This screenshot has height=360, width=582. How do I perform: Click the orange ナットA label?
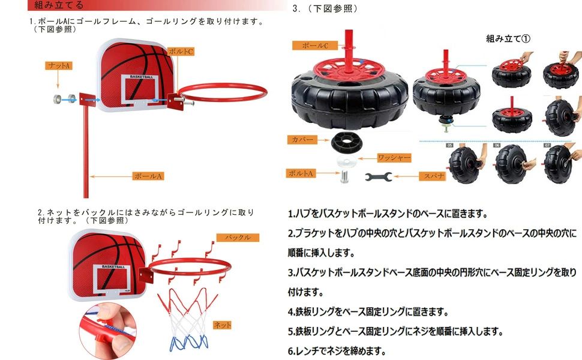tap(59, 65)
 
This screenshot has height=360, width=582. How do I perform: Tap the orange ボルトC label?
tap(181, 52)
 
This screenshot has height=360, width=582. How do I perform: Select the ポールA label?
tap(148, 176)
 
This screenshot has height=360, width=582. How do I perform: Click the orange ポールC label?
tap(315, 45)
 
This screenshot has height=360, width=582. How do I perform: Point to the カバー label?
tap(302, 140)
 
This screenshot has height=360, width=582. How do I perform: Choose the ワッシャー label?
tap(394, 158)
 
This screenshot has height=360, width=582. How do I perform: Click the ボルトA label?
tap(301, 173)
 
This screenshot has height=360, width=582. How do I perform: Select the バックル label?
tap(238, 238)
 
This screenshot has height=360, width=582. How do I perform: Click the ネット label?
tap(222, 325)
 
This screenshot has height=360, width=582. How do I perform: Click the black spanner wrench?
tap(378, 177)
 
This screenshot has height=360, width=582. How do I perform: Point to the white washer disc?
tap(346, 161)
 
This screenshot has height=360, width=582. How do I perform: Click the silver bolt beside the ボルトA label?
tap(344, 176)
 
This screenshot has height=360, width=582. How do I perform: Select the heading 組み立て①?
tap(508, 38)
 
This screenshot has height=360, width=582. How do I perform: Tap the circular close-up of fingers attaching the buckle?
tap(107, 331)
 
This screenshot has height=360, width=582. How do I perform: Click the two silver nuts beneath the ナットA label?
tap(65, 99)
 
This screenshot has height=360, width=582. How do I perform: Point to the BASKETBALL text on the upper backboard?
tap(141, 77)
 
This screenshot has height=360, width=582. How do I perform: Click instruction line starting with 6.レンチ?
tap(337, 351)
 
